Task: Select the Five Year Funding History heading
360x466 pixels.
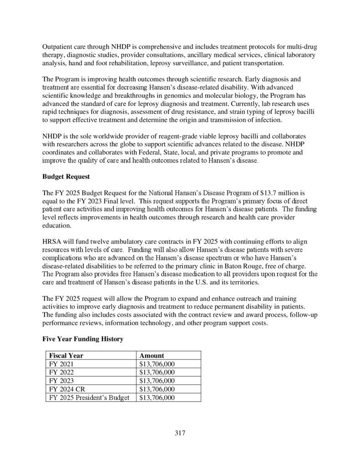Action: [x=82, y=339]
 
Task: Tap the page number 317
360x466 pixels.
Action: [x=180, y=432]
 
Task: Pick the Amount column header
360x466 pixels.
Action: [x=152, y=355]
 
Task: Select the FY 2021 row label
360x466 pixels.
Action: [x=61, y=364]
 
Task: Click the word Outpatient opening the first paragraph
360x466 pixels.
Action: [x=59, y=47]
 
